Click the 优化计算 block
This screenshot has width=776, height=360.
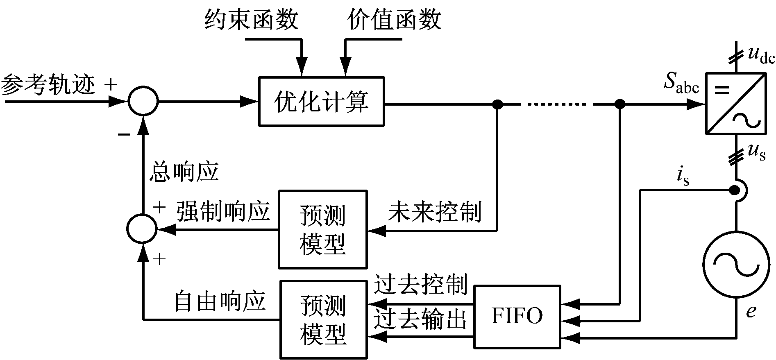coord(321,101)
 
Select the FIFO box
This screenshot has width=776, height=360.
coord(517,316)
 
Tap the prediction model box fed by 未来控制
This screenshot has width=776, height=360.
coord(323,229)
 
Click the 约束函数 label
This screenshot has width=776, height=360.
coord(252,20)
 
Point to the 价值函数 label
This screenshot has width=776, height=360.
coord(394,20)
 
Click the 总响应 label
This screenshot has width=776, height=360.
coord(184,171)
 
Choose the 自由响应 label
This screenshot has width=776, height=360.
coord(220,301)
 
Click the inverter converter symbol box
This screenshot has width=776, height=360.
coord(735,103)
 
